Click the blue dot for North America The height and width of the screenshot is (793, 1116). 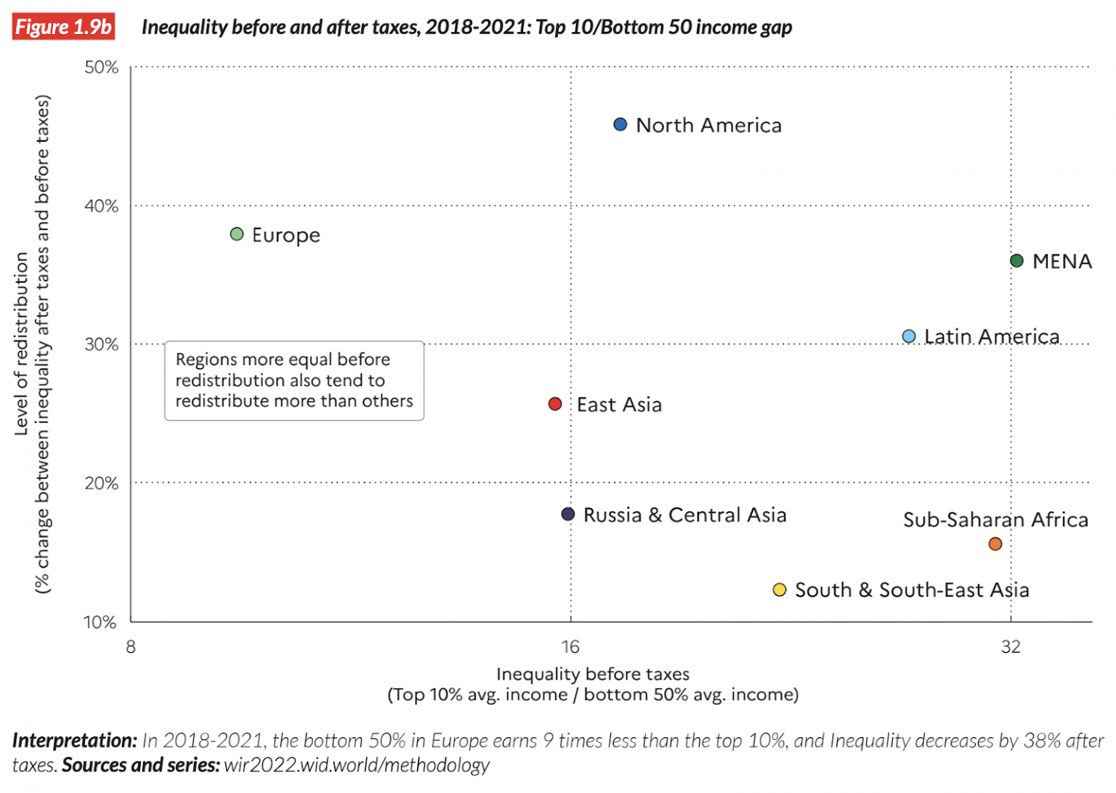[620, 124]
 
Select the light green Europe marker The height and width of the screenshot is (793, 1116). [236, 234]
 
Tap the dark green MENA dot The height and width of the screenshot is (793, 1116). [1016, 260]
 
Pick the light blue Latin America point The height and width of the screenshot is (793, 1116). [908, 336]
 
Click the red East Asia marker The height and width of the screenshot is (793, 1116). [554, 403]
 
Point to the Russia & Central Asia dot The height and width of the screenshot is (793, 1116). [568, 514]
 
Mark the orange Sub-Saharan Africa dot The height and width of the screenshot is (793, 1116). [995, 544]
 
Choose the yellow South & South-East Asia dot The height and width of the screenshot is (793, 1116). [779, 589]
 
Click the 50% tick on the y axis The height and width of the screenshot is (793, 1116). [101, 68]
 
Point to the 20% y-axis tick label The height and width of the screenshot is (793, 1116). [101, 483]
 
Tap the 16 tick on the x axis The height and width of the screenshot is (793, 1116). [570, 646]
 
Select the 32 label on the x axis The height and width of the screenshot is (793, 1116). [1010, 646]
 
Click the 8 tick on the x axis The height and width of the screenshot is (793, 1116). [131, 646]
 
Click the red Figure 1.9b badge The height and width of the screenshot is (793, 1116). [63, 27]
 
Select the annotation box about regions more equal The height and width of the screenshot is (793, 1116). [294, 380]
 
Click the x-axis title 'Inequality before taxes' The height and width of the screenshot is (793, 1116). [592, 674]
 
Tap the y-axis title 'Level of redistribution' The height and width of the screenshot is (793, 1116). [22, 343]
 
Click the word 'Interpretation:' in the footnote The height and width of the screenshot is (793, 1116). [74, 740]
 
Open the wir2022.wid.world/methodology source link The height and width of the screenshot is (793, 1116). [356, 765]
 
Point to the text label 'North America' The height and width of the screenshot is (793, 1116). [708, 125]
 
